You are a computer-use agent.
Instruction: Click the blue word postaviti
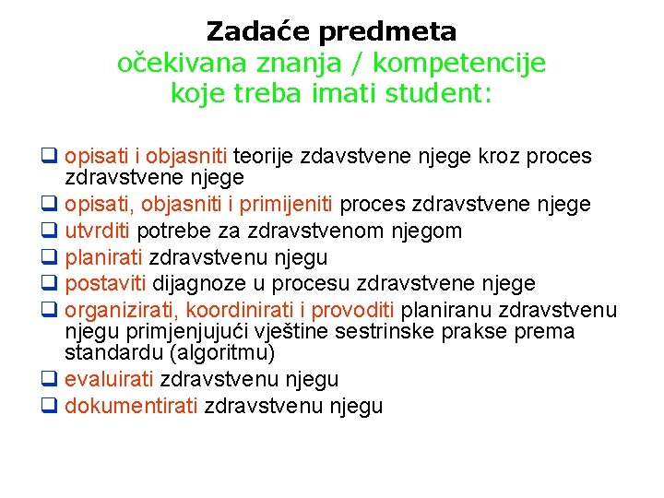[x=105, y=284]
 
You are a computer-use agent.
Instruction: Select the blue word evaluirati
[x=110, y=379]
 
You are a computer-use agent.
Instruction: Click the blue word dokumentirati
[x=131, y=406]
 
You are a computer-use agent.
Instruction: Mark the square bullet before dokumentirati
[x=51, y=406]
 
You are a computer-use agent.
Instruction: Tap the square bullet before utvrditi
[x=51, y=231]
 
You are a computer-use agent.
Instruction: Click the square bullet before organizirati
[x=51, y=311]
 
